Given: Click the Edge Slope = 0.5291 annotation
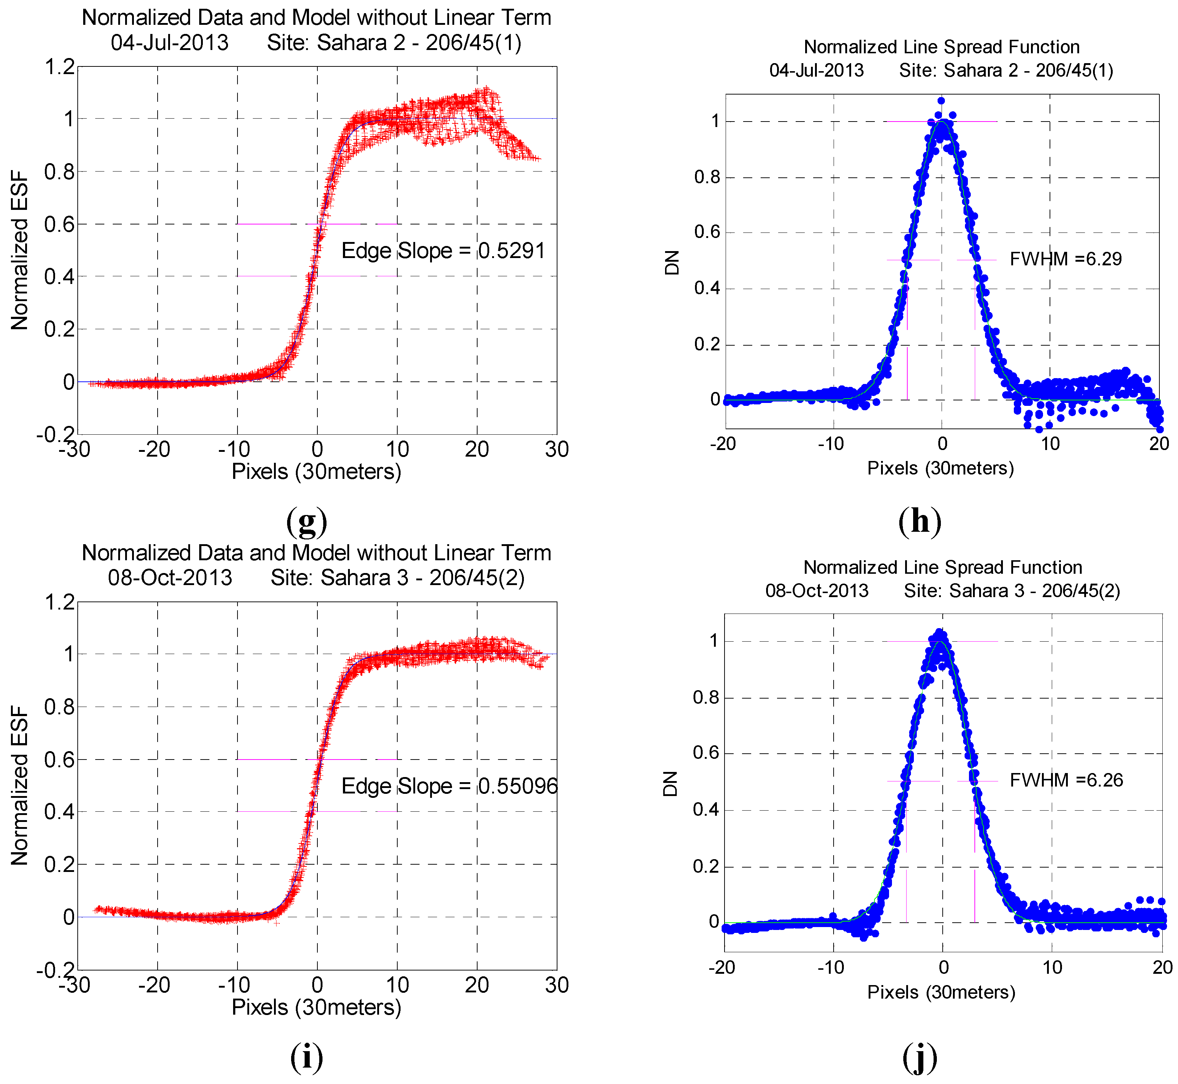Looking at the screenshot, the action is tap(443, 251).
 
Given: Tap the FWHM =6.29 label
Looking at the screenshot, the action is tap(1065, 259).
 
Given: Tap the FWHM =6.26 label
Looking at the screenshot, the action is tap(1066, 780).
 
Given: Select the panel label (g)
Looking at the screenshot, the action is tap(307, 520).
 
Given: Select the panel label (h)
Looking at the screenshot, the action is tap(920, 520).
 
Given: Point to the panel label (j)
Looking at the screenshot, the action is tap(920, 1058).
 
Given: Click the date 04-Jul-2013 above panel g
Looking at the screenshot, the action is tap(170, 43).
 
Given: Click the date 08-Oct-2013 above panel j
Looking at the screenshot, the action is tap(817, 590).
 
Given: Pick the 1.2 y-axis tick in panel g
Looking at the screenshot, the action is tap(60, 67).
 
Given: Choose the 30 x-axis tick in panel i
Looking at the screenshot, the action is tap(556, 985).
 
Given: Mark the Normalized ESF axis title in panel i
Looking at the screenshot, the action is tap(19, 786).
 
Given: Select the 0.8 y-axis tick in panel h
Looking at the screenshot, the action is tap(707, 177).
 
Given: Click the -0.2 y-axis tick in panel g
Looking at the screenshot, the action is tap(56, 435).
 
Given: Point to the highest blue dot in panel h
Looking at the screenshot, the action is tap(941, 100).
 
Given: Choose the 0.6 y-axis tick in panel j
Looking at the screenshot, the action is tap(706, 753).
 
